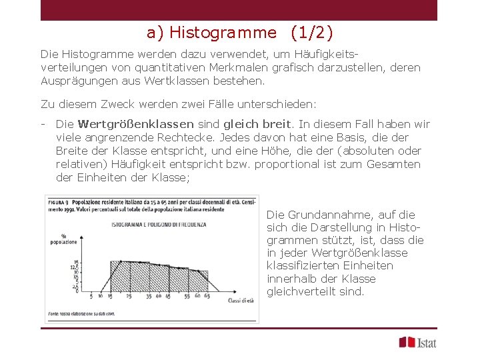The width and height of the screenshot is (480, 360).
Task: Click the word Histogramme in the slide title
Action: (x=223, y=32)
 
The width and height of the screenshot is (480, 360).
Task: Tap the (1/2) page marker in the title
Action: (x=311, y=32)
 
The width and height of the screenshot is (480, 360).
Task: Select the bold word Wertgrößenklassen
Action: (x=135, y=124)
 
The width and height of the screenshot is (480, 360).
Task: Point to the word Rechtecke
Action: (x=175, y=137)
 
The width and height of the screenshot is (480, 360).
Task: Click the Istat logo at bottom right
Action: (x=417, y=342)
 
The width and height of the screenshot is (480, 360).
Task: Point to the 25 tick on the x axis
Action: (x=109, y=296)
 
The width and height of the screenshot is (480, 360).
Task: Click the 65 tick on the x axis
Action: (x=207, y=296)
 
